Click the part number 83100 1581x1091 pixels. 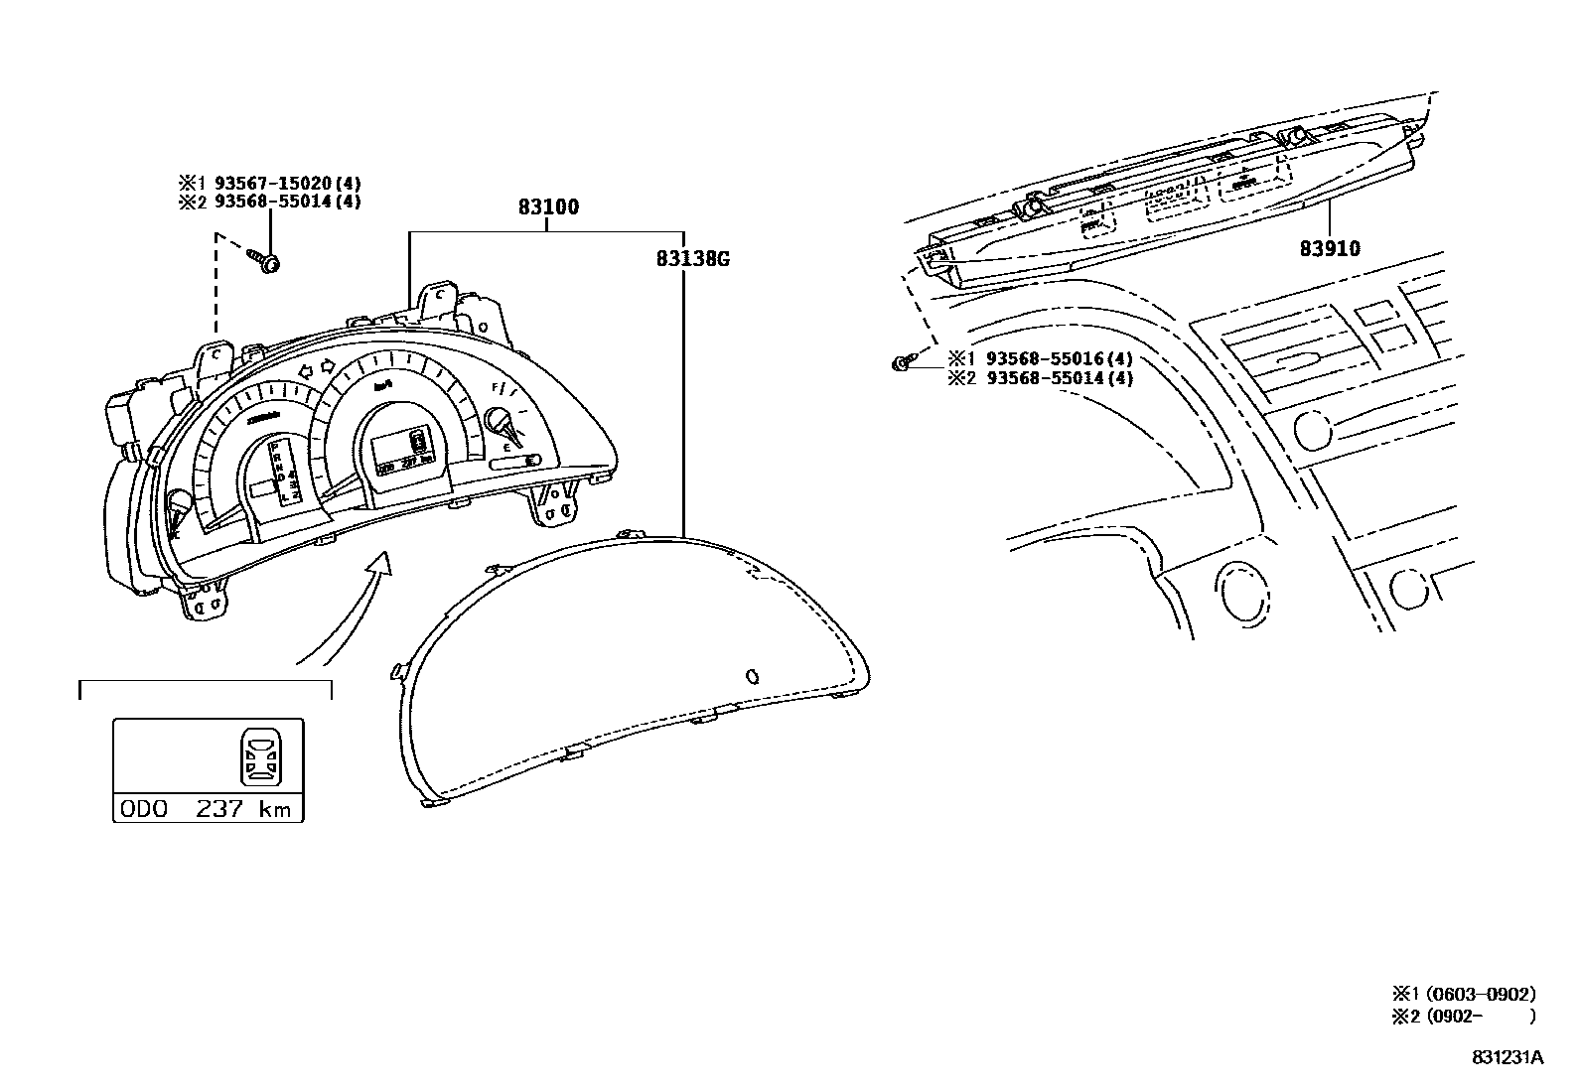547,207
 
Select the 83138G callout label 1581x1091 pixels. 692,259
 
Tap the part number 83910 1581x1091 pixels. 1330,248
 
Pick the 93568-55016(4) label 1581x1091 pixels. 1059,359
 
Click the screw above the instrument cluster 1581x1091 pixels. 265,261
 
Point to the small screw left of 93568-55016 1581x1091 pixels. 900,364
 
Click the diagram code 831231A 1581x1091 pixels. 1507,1058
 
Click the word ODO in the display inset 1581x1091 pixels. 144,809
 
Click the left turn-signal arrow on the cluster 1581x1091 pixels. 308,370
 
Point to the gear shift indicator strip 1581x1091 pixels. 287,474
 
